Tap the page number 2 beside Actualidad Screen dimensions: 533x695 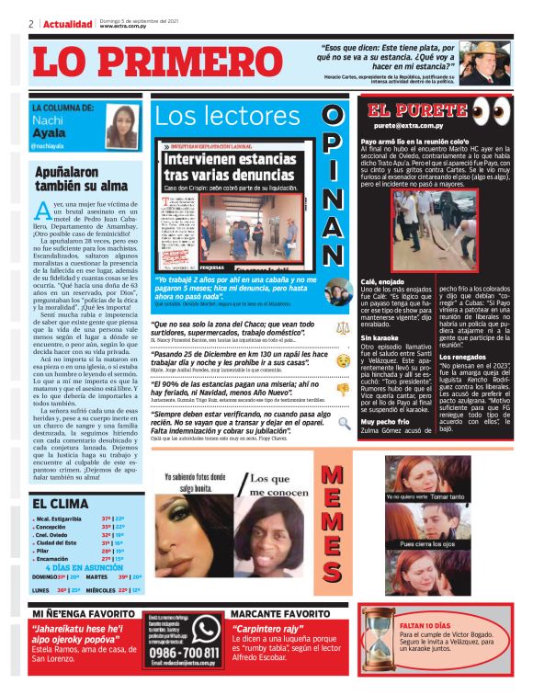[31, 25]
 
